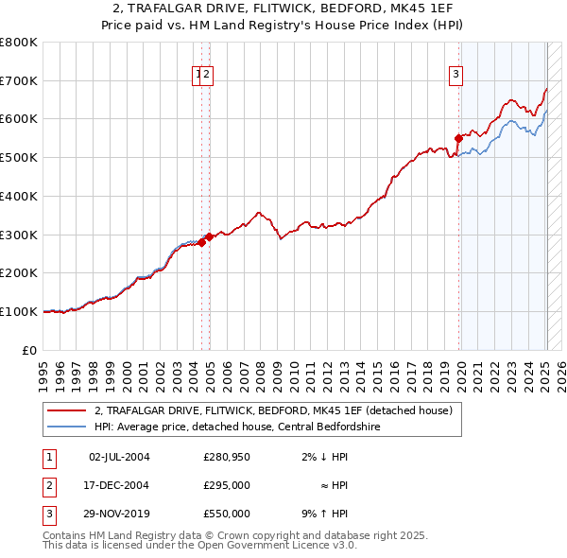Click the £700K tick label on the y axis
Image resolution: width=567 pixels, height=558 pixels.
pos(19,81)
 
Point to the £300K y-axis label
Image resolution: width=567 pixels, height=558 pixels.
pos(19,235)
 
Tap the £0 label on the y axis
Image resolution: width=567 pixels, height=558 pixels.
pos(30,350)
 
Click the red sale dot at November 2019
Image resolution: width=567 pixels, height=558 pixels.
pos(458,138)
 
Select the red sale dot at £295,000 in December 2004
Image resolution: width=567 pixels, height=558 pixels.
pos(209,236)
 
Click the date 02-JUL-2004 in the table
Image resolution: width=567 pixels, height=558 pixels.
pos(119,457)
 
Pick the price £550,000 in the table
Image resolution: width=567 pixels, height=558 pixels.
pos(227,514)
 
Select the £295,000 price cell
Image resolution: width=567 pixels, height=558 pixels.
pos(227,485)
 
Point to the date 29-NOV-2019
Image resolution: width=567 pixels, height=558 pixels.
pos(119,514)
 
